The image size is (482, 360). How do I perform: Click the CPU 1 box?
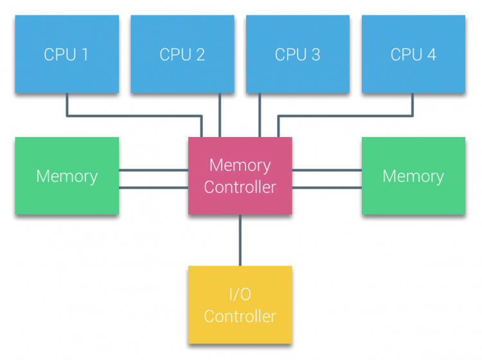click(67, 55)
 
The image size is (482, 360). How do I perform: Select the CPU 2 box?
click(183, 55)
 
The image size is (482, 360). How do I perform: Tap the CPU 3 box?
click(298, 55)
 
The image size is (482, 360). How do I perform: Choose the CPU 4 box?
click(413, 55)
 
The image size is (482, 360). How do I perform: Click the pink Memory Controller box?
click(240, 175)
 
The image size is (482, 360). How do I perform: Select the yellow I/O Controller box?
click(240, 305)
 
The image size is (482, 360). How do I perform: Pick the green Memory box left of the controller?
click(67, 175)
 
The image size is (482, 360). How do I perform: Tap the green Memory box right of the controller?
click(413, 175)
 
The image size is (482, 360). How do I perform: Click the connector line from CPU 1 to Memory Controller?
click(135, 116)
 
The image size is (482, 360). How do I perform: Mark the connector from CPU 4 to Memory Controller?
click(347, 116)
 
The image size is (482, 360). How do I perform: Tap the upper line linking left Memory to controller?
click(153, 170)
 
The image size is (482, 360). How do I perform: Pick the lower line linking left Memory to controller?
click(153, 187)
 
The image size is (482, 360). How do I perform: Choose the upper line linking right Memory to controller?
click(326, 170)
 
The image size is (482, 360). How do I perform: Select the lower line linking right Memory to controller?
click(326, 187)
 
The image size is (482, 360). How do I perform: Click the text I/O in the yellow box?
click(240, 295)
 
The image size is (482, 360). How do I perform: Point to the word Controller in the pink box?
click(240, 187)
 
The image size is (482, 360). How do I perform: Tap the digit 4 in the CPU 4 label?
click(431, 55)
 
